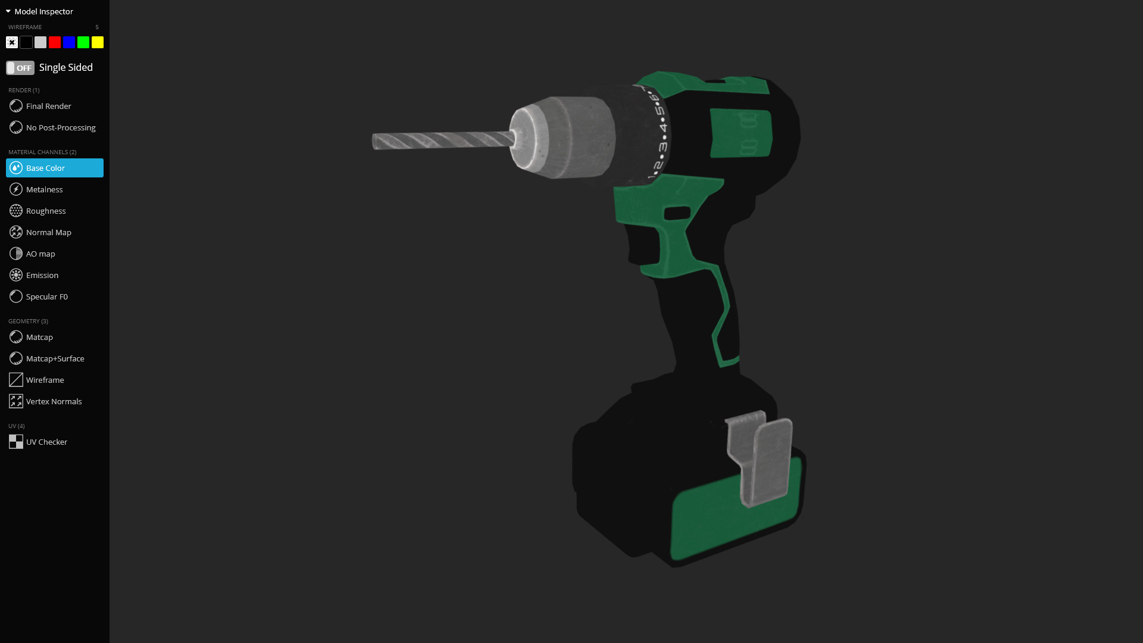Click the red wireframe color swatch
click(55, 42)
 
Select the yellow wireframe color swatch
click(98, 42)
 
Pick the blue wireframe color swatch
click(69, 42)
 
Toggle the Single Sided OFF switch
click(20, 68)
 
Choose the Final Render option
click(48, 106)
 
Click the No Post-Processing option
click(60, 127)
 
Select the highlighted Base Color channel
click(55, 168)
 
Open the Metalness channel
click(44, 189)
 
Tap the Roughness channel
click(46, 211)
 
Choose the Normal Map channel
click(48, 232)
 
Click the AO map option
click(40, 254)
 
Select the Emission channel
click(42, 275)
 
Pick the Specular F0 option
click(46, 296)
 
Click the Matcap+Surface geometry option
click(55, 358)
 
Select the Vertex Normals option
click(54, 401)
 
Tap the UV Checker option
click(46, 442)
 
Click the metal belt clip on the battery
click(765, 458)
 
